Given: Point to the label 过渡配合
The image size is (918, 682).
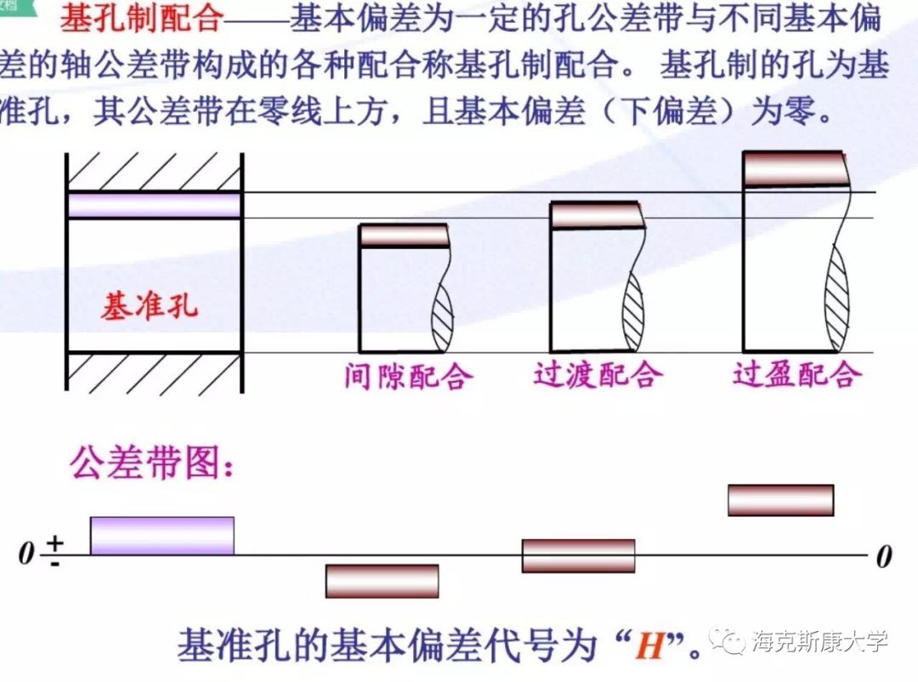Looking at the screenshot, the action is [x=598, y=375].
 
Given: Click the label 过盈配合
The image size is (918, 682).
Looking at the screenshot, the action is [x=797, y=375].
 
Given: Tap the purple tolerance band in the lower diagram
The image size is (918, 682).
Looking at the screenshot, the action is [x=161, y=536].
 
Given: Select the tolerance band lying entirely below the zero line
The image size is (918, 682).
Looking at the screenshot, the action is [x=382, y=581].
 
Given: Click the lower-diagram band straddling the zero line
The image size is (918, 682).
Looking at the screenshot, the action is [x=578, y=556].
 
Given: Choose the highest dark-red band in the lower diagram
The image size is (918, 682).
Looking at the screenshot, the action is [x=780, y=500].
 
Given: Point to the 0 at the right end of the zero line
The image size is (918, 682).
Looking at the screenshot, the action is [x=884, y=558].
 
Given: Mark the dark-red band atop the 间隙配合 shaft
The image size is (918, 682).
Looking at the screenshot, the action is [x=404, y=236].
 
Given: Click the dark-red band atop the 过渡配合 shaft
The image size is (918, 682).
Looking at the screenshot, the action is [x=594, y=216].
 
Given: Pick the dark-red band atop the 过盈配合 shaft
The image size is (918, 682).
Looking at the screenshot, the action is [x=795, y=168].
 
